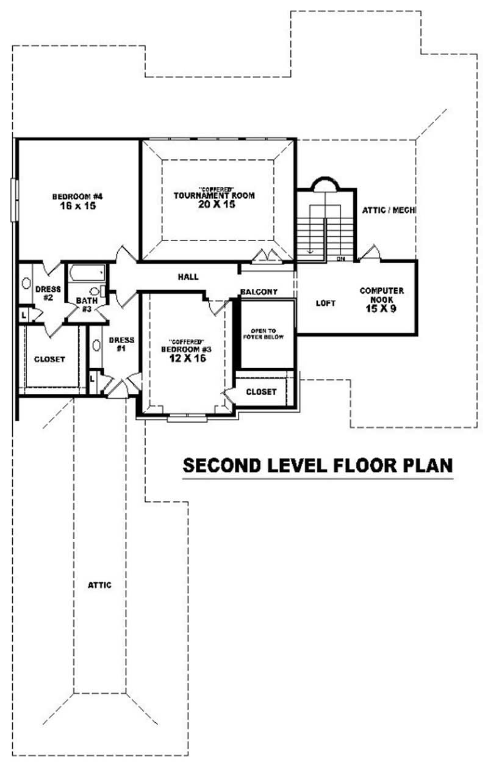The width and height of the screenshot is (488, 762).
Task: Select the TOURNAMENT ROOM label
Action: [x=214, y=195]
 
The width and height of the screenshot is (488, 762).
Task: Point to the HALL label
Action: [x=188, y=277]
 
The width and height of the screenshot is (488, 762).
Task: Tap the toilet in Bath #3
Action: [x=96, y=292]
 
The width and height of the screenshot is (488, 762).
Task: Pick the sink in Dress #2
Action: [x=26, y=284]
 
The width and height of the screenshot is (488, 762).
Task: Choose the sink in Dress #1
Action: [x=97, y=345]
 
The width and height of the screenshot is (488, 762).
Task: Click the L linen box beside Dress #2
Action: [x=23, y=314]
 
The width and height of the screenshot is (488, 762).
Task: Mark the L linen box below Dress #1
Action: [x=92, y=379]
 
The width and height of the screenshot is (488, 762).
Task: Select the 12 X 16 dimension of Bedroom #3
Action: [x=187, y=358]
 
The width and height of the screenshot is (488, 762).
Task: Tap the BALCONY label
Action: [x=259, y=292]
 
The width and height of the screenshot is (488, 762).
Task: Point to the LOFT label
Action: [x=325, y=303]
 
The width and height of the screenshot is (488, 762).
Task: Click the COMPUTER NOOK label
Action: [x=381, y=295]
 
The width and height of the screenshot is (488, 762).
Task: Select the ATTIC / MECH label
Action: [x=389, y=209]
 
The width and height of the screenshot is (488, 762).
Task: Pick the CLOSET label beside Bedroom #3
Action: [x=261, y=392]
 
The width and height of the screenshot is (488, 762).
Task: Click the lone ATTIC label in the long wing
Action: [x=99, y=584]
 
